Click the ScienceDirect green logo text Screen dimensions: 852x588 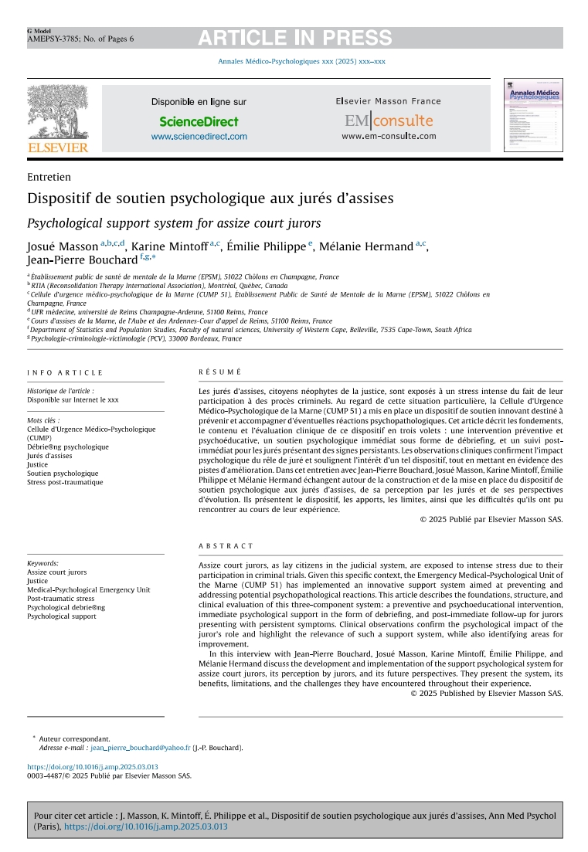(x=199, y=121)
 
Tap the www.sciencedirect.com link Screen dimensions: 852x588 (x=199, y=137)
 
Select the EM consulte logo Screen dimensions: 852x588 (x=389, y=121)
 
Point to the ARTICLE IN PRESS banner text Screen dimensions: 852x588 (x=294, y=38)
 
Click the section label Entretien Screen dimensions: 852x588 (x=49, y=177)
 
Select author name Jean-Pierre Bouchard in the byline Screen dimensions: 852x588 (x=82, y=260)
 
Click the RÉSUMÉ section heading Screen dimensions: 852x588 (x=219, y=372)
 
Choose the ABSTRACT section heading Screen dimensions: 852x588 (x=226, y=546)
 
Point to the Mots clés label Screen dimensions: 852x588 (x=43, y=420)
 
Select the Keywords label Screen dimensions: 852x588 (x=42, y=564)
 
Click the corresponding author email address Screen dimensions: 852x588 (x=140, y=748)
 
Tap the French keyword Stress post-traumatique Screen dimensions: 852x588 (x=65, y=482)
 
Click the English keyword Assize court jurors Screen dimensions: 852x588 (x=57, y=572)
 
